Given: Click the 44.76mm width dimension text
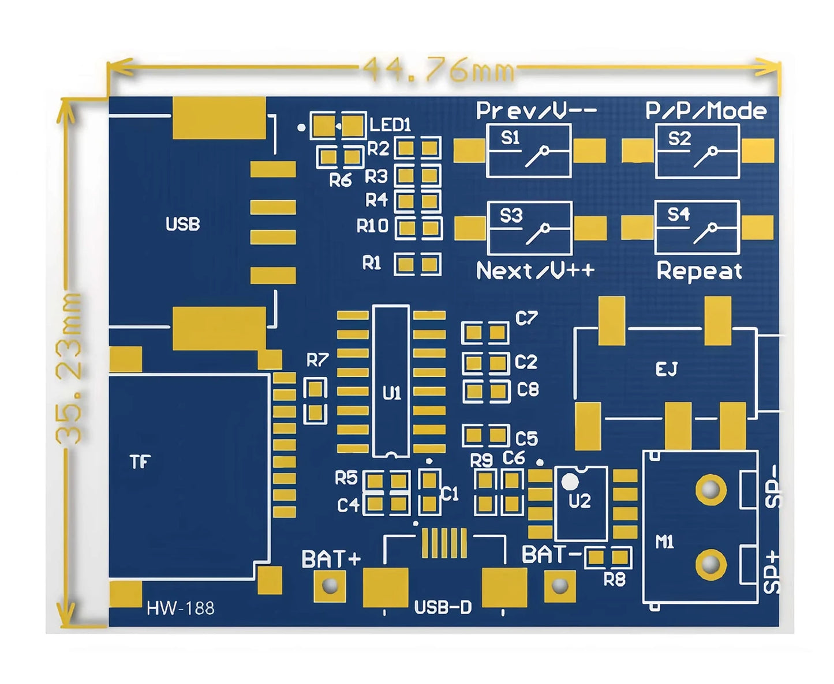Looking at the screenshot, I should point(438,69).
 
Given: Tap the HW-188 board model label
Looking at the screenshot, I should point(180,608).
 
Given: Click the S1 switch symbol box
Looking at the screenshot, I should point(529,151).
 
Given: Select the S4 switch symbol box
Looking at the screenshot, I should point(697,227).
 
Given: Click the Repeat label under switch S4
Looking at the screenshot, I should point(700,271).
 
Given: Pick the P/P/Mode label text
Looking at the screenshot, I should point(706,111).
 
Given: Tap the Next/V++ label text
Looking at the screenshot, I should point(535,270).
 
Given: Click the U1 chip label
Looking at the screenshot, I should point(391,393).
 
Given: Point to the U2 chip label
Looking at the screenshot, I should point(580,501).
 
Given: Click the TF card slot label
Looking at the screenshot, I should point(140,461).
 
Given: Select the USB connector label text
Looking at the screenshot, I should point(182,224).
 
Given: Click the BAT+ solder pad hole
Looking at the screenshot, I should point(330,587).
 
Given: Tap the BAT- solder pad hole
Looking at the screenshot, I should point(560,587).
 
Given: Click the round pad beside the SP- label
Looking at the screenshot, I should point(710,489).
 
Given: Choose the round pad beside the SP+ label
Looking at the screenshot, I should point(710,564).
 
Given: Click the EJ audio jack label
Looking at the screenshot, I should point(667,369).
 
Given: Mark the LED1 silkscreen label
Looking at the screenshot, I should point(390,125).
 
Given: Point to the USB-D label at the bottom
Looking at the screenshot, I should point(443,607).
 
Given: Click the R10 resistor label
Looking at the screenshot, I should point(372,226).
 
